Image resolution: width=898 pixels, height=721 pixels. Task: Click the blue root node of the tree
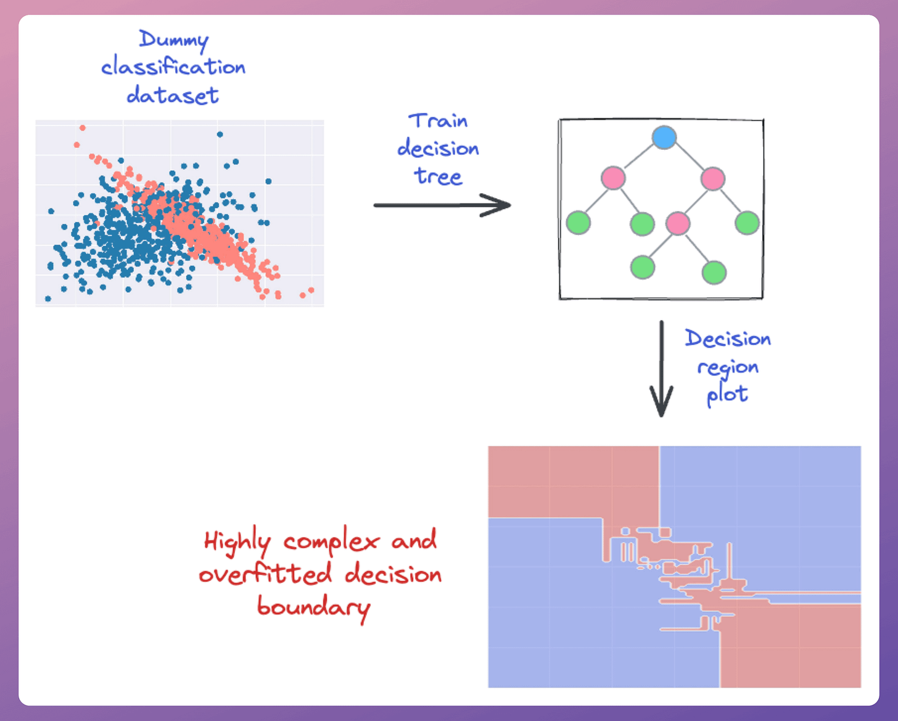[664, 137]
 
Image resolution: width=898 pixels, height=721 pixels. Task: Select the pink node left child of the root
[613, 178]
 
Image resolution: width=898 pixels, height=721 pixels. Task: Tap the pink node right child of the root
[712, 179]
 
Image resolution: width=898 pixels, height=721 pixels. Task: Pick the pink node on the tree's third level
[678, 223]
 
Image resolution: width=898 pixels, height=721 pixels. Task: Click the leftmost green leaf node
[578, 223]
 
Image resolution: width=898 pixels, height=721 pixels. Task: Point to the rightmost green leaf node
[747, 223]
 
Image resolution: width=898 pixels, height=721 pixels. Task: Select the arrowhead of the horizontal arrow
[500, 205]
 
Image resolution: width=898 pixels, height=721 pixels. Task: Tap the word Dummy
[173, 39]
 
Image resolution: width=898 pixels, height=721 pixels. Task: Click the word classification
[173, 67]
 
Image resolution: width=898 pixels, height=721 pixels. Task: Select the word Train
[438, 121]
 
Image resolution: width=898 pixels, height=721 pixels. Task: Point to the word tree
[438, 176]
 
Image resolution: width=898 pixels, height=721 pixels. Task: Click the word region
[728, 368]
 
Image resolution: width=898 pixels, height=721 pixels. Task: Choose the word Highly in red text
[237, 542]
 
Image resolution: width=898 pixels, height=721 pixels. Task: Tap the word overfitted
[266, 574]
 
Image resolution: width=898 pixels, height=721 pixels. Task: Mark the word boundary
[313, 607]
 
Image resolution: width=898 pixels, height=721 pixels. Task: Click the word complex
[331, 542]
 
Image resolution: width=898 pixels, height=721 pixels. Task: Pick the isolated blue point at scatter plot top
[220, 134]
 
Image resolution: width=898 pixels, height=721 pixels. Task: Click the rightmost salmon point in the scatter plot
[311, 290]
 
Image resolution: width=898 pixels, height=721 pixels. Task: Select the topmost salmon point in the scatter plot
[82, 128]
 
